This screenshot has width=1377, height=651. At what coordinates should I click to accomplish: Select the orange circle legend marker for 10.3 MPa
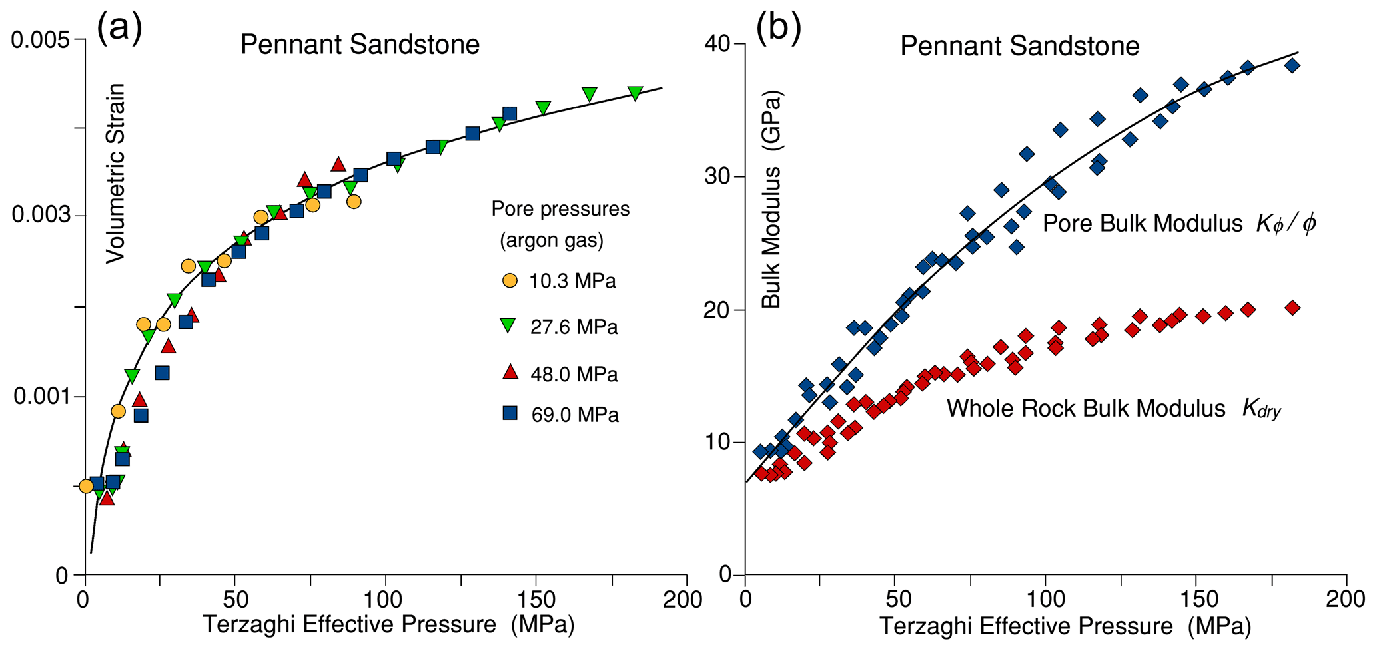coord(510,280)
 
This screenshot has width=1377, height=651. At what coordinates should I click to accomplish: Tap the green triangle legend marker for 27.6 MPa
coord(510,326)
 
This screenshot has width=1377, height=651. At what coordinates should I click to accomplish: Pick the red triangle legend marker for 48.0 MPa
coord(510,372)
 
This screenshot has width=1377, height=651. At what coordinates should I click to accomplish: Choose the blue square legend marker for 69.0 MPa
coord(510,413)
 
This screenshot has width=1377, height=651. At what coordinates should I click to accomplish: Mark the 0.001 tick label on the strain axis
coord(41,397)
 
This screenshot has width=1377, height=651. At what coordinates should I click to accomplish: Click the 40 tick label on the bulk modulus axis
coord(719,44)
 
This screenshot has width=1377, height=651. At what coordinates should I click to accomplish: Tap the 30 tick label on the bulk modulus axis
coord(719,177)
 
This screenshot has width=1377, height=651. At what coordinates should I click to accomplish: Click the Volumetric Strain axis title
coord(116,173)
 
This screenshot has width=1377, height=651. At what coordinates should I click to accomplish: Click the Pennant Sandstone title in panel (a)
coord(360,45)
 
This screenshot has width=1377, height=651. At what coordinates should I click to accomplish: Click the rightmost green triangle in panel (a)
coord(635,93)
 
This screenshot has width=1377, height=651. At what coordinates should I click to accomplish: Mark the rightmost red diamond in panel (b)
coord(1292,308)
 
